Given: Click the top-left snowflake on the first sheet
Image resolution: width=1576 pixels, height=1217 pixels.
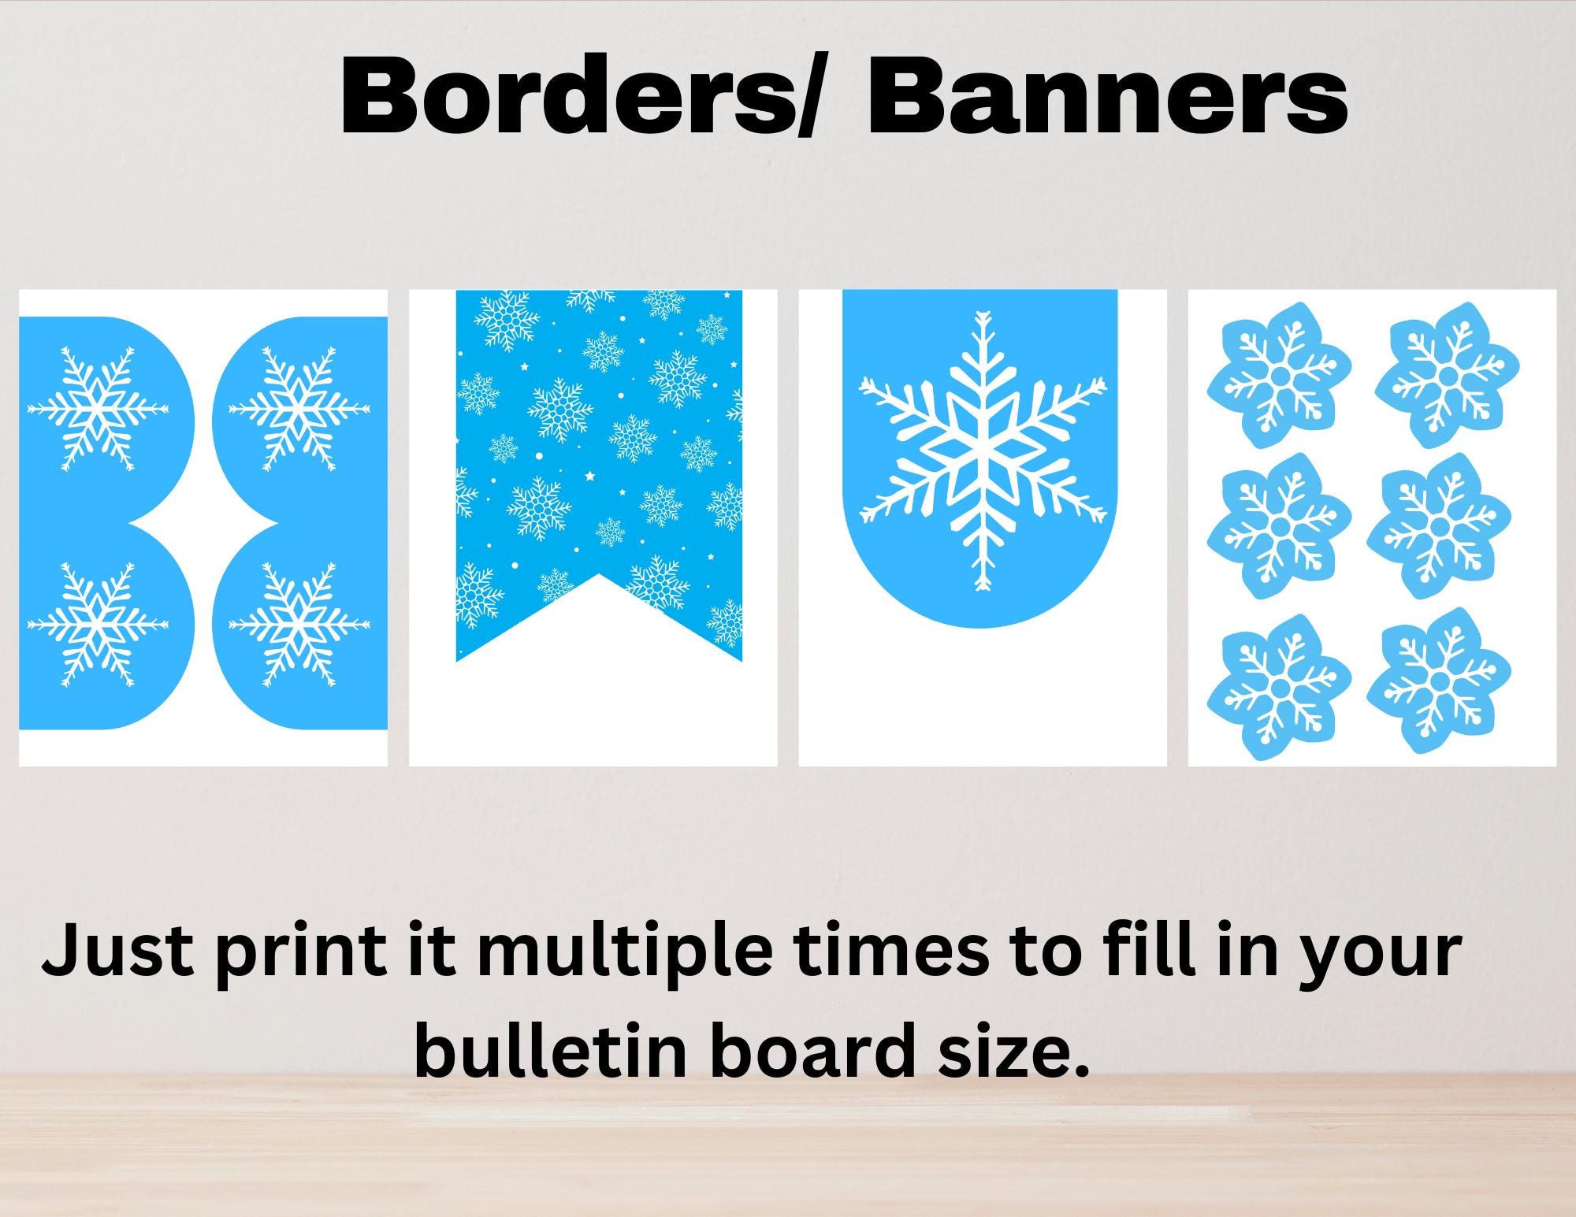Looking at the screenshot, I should (98, 409).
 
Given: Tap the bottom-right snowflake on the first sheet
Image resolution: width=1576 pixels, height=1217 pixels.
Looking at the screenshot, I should (299, 625).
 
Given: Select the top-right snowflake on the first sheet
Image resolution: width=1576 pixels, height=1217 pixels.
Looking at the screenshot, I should (299, 409).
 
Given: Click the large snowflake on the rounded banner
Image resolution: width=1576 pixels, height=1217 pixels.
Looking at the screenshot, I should (982, 451).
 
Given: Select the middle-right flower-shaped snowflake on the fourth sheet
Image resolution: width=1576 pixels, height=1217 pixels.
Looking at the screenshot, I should (1439, 525).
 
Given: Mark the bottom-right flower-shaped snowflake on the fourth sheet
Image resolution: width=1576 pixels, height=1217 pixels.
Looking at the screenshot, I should (1439, 679).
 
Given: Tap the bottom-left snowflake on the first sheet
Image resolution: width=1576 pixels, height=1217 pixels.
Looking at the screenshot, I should (98, 625).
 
